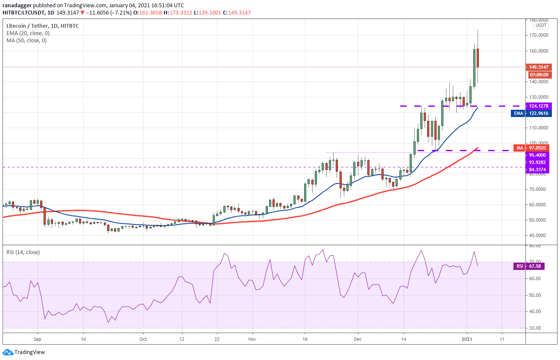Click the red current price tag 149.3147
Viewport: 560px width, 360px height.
[x=539, y=67]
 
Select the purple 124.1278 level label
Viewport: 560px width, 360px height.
[x=539, y=106]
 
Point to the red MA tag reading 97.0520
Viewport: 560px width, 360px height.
[x=531, y=148]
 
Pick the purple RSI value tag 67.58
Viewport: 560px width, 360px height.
[x=529, y=266]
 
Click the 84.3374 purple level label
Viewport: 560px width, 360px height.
[x=537, y=170]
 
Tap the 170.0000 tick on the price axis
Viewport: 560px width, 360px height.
[x=539, y=35]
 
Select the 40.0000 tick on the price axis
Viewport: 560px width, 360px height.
[x=539, y=235]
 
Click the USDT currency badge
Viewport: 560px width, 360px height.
[x=541, y=25]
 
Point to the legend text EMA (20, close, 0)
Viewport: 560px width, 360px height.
[x=28, y=33]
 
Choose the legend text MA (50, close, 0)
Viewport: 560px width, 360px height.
[x=26, y=41]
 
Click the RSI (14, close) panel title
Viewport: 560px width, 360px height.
[x=23, y=252]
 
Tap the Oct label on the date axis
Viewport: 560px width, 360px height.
[x=143, y=339]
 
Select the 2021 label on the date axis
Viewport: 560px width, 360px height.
[x=467, y=339]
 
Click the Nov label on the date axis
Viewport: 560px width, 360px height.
[x=252, y=339]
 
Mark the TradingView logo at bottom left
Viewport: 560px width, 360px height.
[x=24, y=352]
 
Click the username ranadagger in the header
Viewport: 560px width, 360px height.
[x=17, y=6]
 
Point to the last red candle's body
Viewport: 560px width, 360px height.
[x=478, y=58]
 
